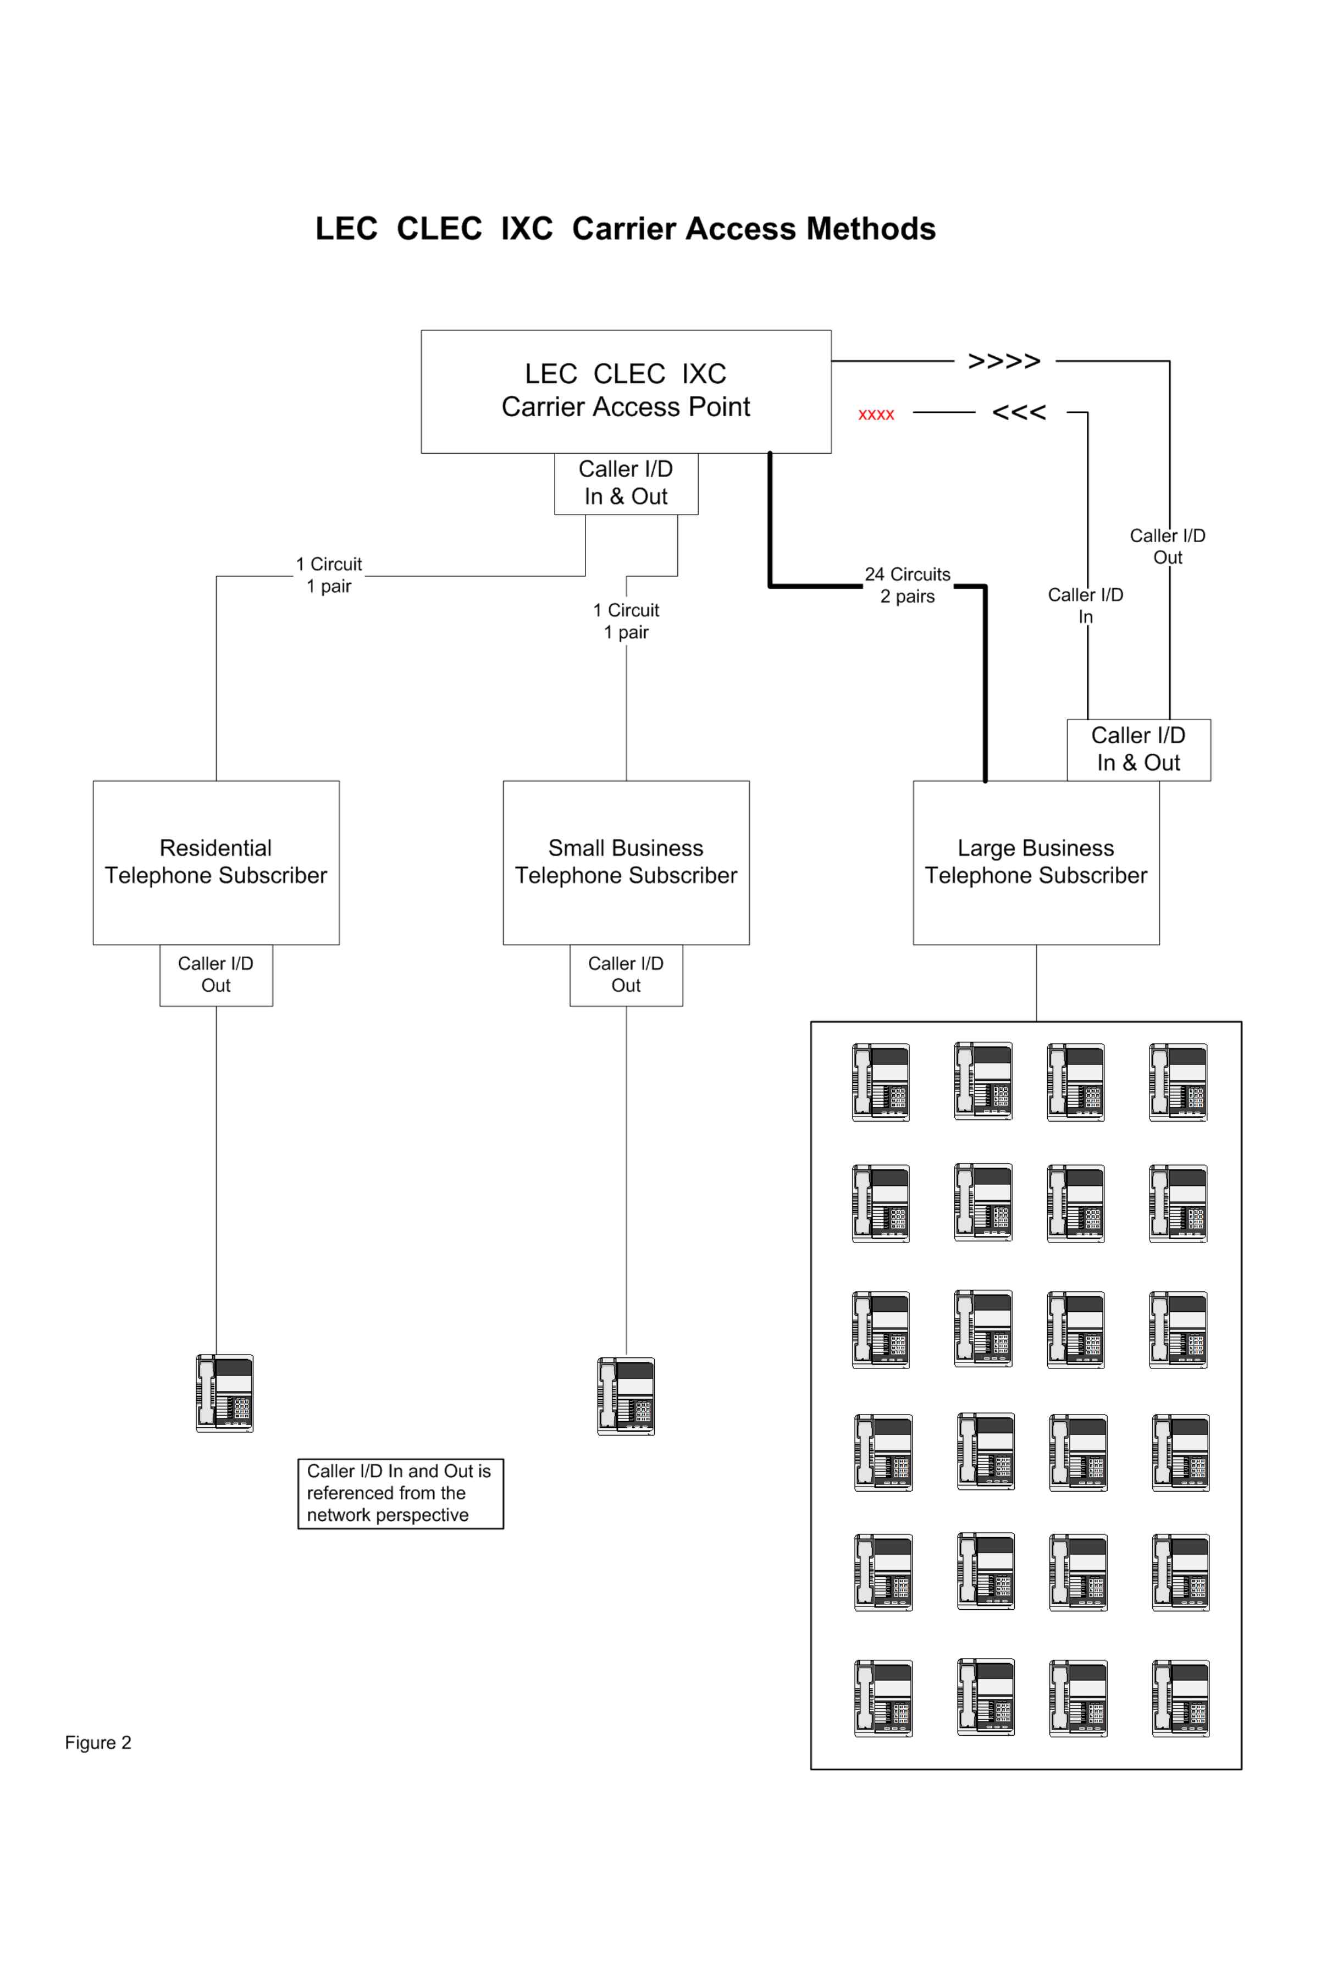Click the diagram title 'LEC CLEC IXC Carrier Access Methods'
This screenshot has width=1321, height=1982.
pos(625,228)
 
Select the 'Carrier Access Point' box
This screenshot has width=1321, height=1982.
pos(626,391)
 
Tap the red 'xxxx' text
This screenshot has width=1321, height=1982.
pos(876,415)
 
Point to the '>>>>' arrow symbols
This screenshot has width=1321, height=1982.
pos(1004,361)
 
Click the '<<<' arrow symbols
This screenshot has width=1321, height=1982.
pos(1019,413)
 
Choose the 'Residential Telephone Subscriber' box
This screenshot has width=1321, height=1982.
pos(217,863)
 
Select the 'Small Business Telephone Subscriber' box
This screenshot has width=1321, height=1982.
pos(626,863)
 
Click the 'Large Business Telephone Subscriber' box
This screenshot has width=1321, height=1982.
pos(1036,863)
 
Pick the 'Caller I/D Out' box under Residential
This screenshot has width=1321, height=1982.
pos(217,975)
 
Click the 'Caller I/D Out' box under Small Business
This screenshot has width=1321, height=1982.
pos(626,975)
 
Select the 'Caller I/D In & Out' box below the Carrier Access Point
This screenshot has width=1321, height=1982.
pos(626,483)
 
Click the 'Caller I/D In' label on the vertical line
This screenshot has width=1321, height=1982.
pos(1086,606)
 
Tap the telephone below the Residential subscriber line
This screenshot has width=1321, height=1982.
pos(225,1393)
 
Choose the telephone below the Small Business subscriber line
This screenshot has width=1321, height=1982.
pos(626,1396)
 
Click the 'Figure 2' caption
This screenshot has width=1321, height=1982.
pos(98,1743)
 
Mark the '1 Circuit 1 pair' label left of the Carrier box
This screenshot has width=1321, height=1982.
pos(329,575)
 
